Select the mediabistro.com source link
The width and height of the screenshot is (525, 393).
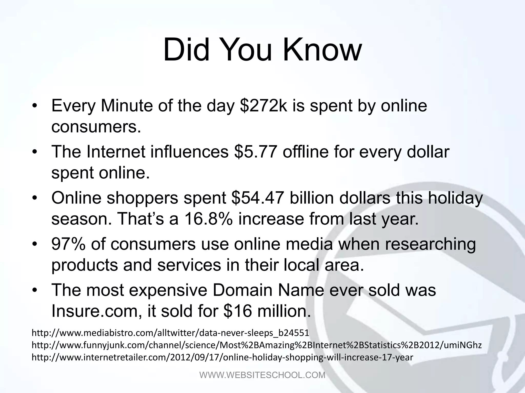(170, 333)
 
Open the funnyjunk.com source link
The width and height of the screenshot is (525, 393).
(256, 345)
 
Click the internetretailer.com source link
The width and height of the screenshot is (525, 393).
(222, 357)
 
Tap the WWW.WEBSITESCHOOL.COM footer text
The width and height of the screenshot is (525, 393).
(262, 375)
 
